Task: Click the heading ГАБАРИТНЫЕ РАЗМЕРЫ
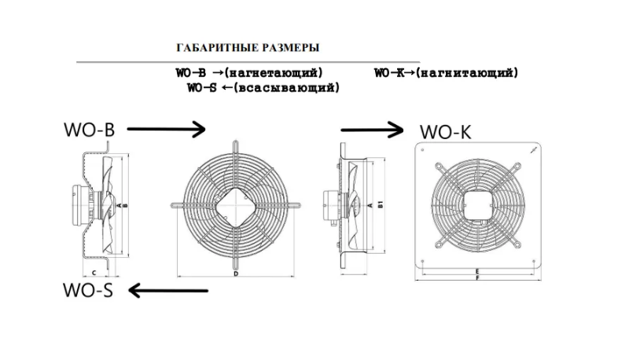[x=248, y=48]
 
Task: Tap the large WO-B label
[x=89, y=130]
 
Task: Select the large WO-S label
[x=88, y=290]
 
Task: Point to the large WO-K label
[x=445, y=132]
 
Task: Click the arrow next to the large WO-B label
[x=167, y=129]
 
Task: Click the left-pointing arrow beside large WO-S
[x=168, y=291]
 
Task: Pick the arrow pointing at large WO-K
[x=372, y=130]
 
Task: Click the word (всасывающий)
[x=286, y=87]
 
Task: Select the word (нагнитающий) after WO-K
[x=467, y=73]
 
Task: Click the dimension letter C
[x=94, y=273]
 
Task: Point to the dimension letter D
[x=236, y=274]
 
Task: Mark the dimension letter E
[x=477, y=271]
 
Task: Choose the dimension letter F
[x=477, y=277]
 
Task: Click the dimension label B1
[x=380, y=204]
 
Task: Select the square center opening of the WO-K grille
[x=478, y=205]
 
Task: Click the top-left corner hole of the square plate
[x=422, y=149]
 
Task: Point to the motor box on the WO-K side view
[x=330, y=205]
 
